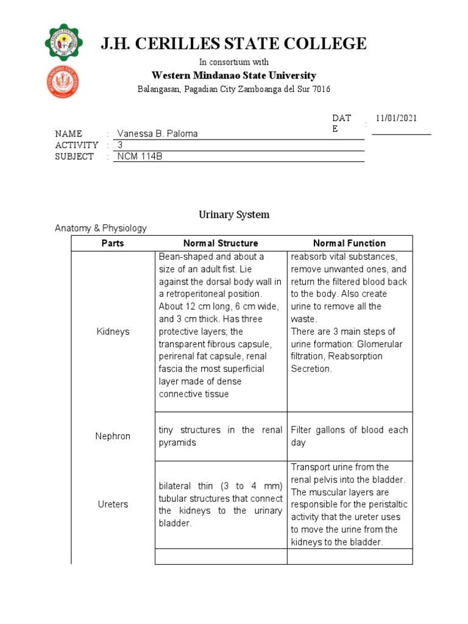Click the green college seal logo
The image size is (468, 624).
64,43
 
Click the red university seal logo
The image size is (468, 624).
64,83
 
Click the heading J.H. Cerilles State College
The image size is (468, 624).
234,44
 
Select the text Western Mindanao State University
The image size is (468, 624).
234,76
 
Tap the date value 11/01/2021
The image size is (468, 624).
396,118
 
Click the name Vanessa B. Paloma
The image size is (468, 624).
157,133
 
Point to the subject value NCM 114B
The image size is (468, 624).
140,157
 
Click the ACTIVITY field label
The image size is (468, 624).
76,145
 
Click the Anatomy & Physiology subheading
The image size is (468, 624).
101,228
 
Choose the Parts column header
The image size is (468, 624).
113,243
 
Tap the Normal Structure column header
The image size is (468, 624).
221,243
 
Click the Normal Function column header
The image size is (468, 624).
349,243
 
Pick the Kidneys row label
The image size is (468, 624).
113,331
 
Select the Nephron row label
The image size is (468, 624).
113,436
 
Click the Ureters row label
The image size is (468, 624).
113,505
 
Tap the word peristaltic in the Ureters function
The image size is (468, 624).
386,505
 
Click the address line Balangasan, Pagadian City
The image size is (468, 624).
234,90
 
